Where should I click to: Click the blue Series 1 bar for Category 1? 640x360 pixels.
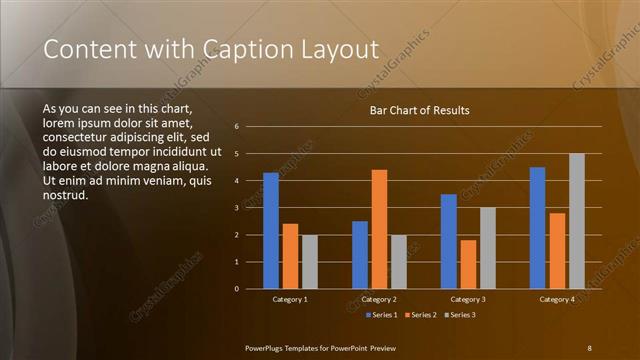pos(271,230)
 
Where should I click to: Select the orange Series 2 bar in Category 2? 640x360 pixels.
pos(379,229)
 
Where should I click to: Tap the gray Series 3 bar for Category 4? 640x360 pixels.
pos(577,221)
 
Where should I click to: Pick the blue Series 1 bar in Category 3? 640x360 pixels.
pos(449,241)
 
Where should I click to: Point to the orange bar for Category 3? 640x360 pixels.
pos(468,264)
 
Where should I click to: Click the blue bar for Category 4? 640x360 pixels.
pos(538,227)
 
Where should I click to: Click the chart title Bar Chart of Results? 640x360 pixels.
pos(419,110)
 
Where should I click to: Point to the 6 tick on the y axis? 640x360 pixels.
pos(237,127)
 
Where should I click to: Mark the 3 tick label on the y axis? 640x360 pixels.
pos(237,208)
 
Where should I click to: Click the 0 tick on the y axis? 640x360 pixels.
pos(237,289)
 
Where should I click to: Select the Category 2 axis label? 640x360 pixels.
pos(379,299)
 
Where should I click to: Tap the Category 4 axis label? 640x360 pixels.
pos(557,299)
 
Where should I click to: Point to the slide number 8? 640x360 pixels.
pos(589,347)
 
